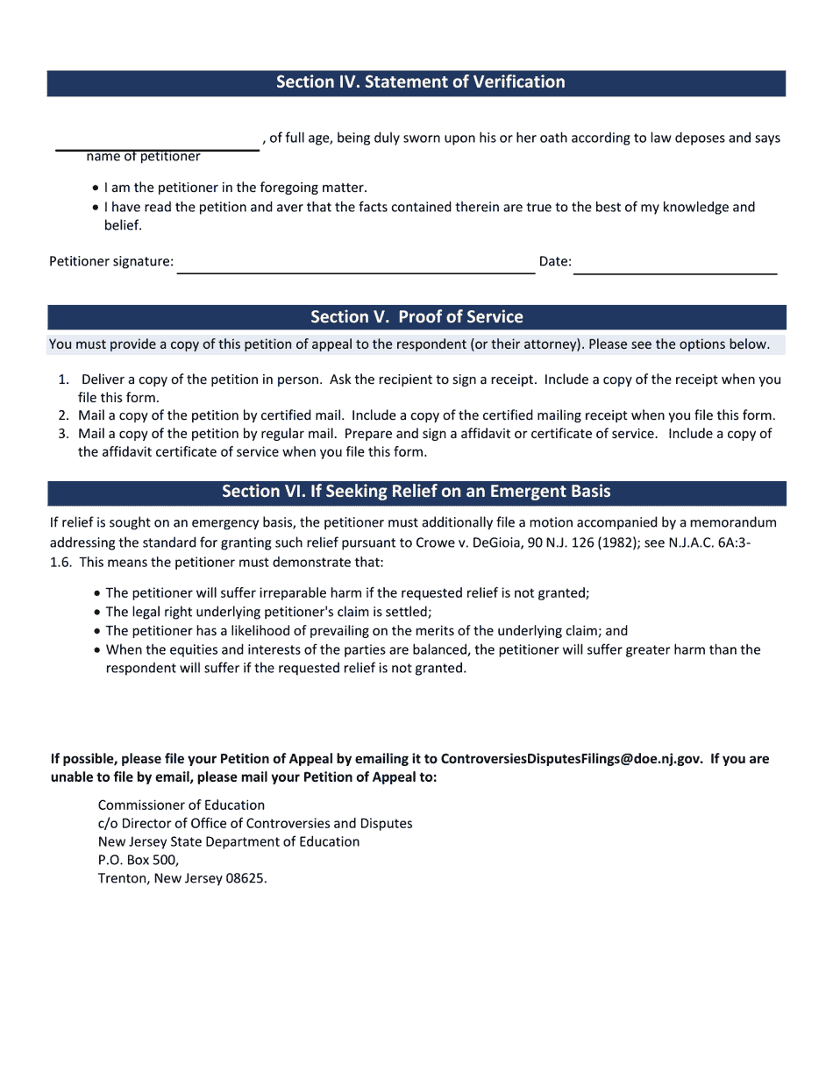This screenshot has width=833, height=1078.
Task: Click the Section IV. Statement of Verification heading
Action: pos(420,82)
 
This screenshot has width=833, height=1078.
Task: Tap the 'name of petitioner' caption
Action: pos(143,157)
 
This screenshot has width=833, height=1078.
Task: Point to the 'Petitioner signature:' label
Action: pos(111,261)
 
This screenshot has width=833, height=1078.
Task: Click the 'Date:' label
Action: pos(555,261)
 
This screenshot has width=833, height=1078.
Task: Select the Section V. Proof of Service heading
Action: pos(416,317)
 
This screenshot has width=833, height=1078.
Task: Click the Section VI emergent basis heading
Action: pos(416,492)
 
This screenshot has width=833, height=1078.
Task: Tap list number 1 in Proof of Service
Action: pos(63,380)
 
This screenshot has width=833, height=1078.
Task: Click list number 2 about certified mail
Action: pos(63,416)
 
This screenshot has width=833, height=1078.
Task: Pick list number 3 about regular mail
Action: pos(63,434)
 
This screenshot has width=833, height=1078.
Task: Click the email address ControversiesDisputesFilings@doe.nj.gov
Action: pos(571,759)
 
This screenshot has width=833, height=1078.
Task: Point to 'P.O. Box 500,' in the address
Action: pos(139,861)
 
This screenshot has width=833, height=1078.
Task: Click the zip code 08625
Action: pos(246,879)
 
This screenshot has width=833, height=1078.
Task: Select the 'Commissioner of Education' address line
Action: pos(182,805)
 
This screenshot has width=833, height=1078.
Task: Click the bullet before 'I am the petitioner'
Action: pos(95,188)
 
